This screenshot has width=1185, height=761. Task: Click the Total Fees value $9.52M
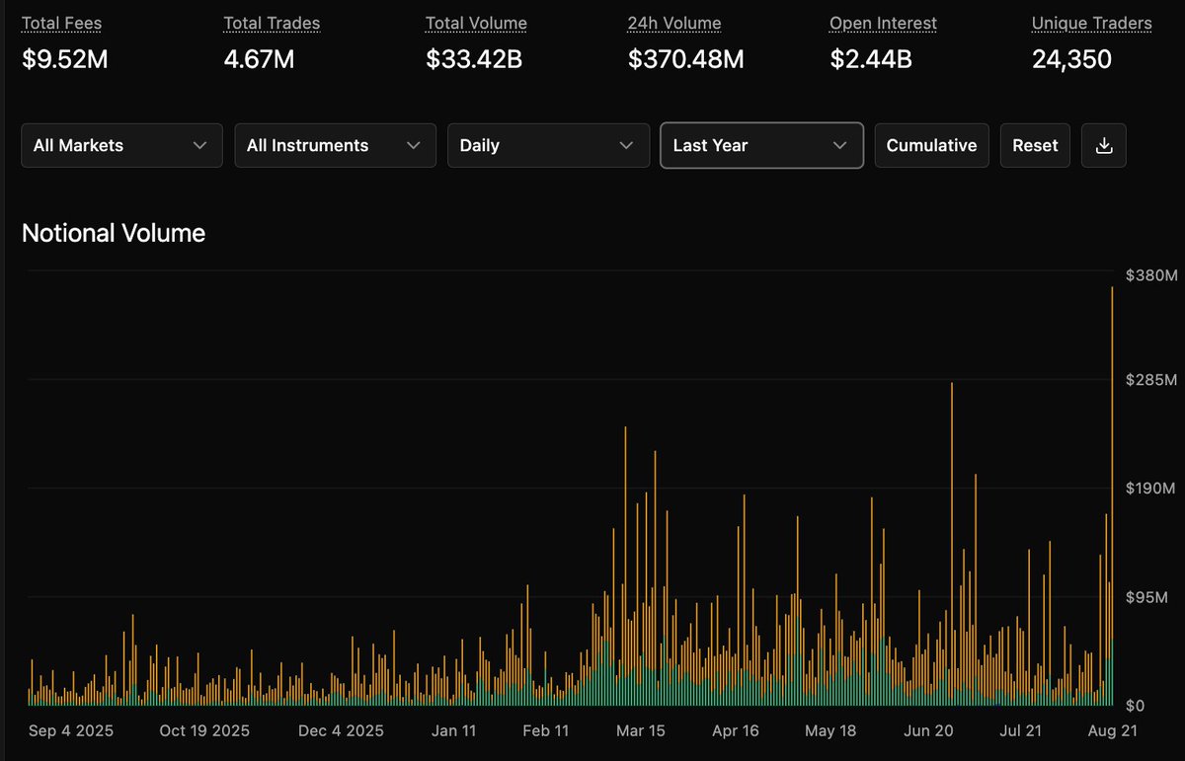tap(64, 58)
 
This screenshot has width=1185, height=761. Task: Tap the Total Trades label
tap(272, 23)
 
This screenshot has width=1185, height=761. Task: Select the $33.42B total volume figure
tap(473, 58)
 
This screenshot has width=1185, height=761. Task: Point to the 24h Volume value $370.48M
tap(685, 58)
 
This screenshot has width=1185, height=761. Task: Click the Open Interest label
tap(883, 23)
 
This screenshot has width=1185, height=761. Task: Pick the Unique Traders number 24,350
tap(1071, 58)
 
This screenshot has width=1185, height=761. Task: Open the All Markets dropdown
tap(121, 145)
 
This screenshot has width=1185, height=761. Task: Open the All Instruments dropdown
tap(336, 145)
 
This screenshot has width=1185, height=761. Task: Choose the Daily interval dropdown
tap(549, 145)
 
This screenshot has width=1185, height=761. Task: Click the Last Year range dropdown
tap(761, 145)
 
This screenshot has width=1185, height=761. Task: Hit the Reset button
tap(1035, 145)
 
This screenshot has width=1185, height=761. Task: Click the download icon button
tap(1104, 145)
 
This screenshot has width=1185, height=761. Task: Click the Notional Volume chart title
tap(114, 233)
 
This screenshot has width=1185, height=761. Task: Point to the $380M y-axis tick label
tap(1151, 275)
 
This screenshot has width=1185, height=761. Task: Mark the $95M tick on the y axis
tap(1146, 597)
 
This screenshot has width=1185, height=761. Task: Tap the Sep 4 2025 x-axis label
tap(71, 730)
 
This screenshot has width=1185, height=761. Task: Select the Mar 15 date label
tap(640, 730)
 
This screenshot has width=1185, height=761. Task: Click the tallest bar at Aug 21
tap(1112, 496)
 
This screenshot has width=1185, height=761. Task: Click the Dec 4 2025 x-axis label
tap(341, 730)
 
